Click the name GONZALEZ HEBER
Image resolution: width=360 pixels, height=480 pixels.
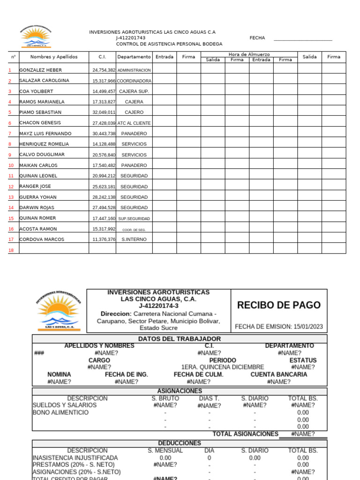tap(40, 70)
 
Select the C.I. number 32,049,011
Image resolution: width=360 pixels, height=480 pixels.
tap(104, 112)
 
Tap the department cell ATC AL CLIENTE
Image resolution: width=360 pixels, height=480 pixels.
tap(134, 123)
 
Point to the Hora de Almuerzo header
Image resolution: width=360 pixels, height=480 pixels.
tap(249, 54)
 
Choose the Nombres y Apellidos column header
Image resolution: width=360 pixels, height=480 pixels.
tap(54, 57)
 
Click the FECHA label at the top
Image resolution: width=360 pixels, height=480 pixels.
tap(257, 38)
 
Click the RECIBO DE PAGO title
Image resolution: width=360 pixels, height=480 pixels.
tap(279, 305)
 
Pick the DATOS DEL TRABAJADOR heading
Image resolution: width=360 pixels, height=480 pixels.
tap(180, 338)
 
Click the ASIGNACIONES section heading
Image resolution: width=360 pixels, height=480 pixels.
tap(180, 391)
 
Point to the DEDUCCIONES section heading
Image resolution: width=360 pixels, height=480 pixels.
tap(180, 443)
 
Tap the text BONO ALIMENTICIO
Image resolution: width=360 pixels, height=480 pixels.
tap(60, 412)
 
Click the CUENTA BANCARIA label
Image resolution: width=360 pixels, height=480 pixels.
tap(279, 375)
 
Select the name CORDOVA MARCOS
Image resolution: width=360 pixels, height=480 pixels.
tap(42, 240)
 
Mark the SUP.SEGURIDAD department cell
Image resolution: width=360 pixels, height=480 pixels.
tap(134, 218)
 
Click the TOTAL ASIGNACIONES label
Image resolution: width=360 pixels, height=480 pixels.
tap(245, 434)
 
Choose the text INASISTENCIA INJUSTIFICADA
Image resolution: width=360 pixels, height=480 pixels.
tap(75, 457)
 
